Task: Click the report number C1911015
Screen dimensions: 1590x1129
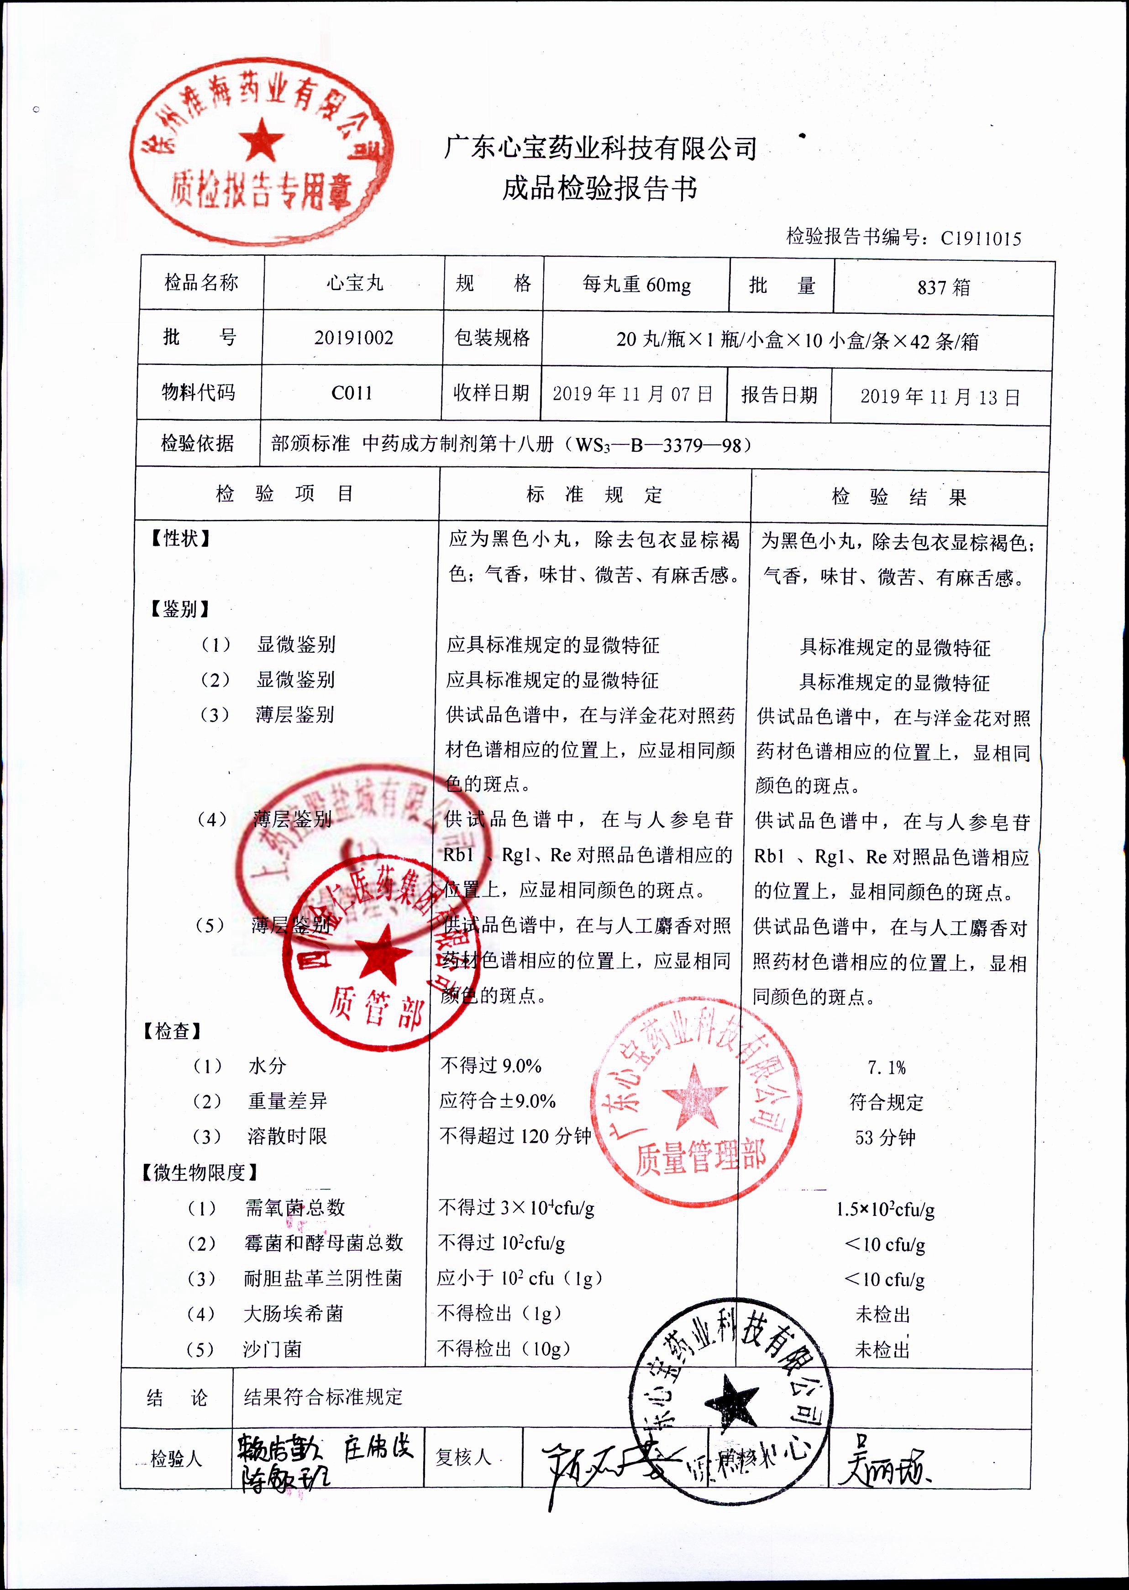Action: coord(980,238)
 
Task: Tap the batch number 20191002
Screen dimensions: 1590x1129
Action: coord(353,338)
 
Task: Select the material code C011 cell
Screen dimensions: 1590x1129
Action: coord(352,393)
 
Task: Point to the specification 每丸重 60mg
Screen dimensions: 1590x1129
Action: coord(636,285)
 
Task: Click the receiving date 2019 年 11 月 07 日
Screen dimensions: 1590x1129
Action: coord(633,394)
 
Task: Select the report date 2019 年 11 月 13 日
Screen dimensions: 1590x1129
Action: coord(940,397)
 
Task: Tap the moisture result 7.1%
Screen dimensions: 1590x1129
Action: coord(887,1067)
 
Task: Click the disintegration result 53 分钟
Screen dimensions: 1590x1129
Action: coord(885,1138)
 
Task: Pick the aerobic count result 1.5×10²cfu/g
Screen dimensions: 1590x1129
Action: coord(885,1210)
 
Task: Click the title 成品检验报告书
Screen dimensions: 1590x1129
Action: coord(599,188)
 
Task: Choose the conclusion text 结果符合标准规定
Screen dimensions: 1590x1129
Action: coord(323,1397)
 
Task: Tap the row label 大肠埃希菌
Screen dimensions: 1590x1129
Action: coord(294,1314)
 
